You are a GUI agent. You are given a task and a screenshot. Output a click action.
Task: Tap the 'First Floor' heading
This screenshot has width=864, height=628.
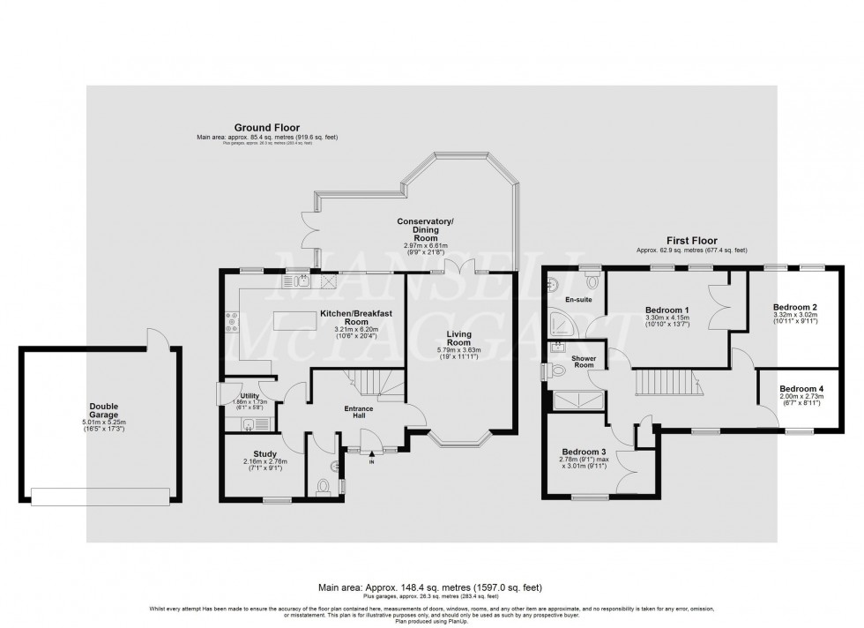pos(690,240)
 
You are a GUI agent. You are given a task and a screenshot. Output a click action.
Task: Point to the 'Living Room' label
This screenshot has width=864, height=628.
pos(458,339)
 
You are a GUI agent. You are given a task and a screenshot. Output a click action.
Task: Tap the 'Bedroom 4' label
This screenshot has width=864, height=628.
pos(802,388)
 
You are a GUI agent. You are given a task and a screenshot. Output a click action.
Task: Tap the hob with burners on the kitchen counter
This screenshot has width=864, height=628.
pos(234,322)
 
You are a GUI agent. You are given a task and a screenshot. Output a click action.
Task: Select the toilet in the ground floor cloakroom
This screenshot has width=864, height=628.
pos(323,485)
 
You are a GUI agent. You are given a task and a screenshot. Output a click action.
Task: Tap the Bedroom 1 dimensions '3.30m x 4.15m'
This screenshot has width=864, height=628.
pos(667,318)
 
